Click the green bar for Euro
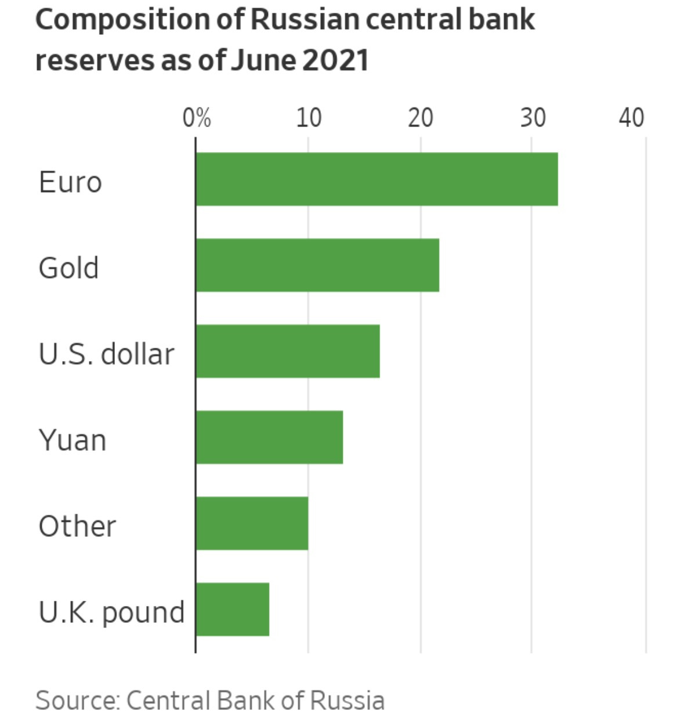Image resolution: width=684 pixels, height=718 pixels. (377, 179)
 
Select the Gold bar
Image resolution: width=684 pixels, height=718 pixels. (317, 265)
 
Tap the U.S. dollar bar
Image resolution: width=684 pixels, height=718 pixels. (288, 351)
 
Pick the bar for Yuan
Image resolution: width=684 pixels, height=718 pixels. (269, 437)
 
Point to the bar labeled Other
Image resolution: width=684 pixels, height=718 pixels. (252, 523)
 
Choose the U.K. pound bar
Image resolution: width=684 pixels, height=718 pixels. (233, 609)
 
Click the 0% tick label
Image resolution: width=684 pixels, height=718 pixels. (196, 118)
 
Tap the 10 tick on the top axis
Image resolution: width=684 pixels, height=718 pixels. (308, 118)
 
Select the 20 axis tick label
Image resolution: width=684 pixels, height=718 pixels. (420, 118)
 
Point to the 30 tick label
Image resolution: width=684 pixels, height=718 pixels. (532, 118)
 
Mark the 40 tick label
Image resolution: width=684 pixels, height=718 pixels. (631, 118)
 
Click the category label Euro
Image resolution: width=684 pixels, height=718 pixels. (70, 182)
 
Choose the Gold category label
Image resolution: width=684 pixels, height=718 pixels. (68, 268)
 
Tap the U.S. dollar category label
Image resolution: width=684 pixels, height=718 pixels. (106, 354)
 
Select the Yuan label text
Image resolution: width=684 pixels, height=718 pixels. (73, 441)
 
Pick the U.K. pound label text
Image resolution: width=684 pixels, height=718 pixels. (111, 612)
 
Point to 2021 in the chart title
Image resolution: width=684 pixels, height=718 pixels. (335, 60)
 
